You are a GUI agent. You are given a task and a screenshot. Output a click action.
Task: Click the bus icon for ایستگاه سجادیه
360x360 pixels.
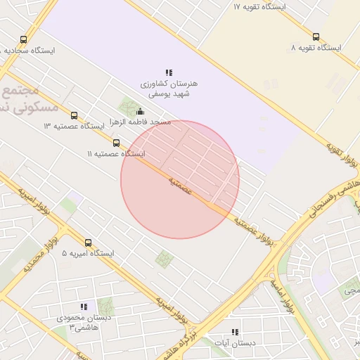pos(24,40)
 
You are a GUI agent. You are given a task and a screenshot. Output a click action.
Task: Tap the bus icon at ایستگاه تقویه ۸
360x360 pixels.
pos(316,37)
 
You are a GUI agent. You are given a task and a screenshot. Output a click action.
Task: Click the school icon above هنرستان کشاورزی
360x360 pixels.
pos(169,72)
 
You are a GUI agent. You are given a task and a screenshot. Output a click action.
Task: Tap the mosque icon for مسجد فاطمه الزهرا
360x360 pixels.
pos(140,111)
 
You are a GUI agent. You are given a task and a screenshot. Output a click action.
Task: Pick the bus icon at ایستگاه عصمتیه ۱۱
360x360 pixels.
pos(117,143)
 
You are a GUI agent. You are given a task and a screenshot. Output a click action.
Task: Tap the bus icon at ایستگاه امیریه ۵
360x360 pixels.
pos(88,243)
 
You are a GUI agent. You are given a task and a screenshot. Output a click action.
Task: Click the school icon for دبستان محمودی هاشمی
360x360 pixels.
pos(84,307)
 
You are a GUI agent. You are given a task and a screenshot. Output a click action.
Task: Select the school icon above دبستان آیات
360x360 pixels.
pos(235,332)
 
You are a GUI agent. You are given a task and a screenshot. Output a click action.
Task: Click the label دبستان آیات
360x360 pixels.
pos(235,343)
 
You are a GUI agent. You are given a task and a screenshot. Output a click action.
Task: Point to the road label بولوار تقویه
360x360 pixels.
pos(343,156)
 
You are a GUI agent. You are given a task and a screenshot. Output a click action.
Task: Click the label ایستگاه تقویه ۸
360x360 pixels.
pos(316,48)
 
